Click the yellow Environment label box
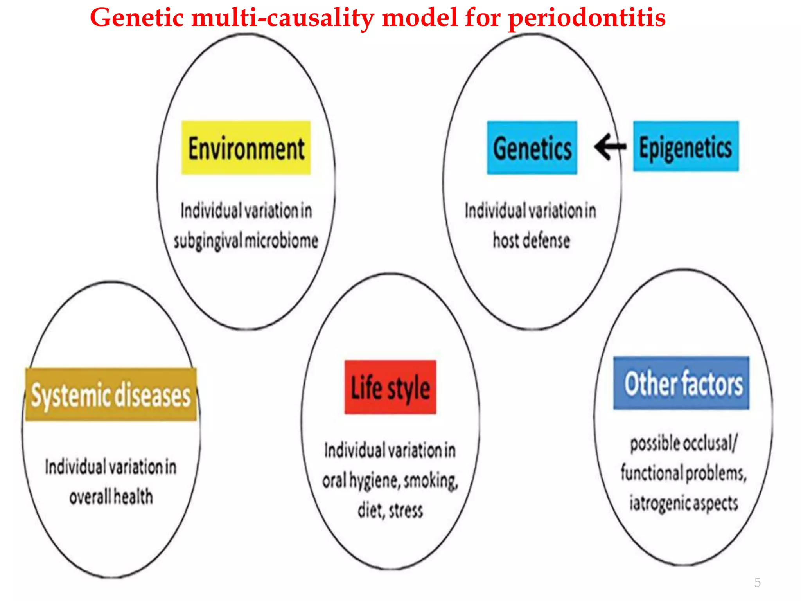(246, 148)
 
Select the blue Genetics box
(532, 148)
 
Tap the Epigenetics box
(686, 146)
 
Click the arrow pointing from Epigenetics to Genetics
(610, 147)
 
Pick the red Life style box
(390, 387)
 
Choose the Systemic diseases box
(111, 394)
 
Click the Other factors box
(681, 383)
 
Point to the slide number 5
(757, 582)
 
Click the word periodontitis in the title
(587, 18)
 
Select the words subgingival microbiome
(246, 241)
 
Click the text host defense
(531, 240)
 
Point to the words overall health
(111, 496)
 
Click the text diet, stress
(390, 510)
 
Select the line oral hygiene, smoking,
(390, 480)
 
